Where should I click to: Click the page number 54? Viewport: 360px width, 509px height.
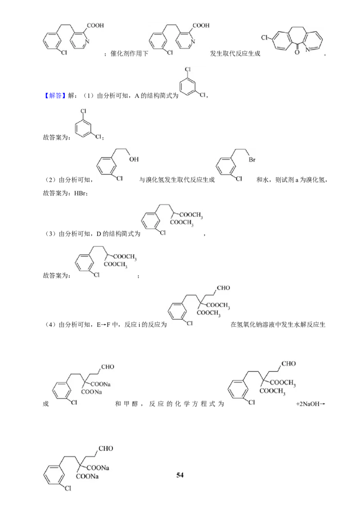click(180, 475)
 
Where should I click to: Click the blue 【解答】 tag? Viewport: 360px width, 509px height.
click(54, 96)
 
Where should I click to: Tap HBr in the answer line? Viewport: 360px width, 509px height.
click(80, 193)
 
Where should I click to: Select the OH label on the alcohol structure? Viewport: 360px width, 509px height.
click(134, 159)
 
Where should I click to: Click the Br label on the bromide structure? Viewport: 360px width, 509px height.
click(252, 160)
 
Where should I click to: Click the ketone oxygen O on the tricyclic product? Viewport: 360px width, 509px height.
click(297, 52)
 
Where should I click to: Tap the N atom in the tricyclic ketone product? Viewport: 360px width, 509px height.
click(307, 50)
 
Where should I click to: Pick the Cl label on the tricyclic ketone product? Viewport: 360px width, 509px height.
click(265, 38)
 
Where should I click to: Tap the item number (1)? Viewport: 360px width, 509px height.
click(88, 96)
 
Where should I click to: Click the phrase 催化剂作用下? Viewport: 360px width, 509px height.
click(129, 54)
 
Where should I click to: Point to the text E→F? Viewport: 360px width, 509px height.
click(103, 325)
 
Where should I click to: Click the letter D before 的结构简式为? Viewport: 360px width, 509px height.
click(99, 234)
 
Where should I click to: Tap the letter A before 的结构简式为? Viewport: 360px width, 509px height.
click(137, 96)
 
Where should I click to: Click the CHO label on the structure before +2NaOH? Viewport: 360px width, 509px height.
click(288, 364)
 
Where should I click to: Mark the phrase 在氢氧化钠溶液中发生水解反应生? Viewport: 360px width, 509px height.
click(278, 325)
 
